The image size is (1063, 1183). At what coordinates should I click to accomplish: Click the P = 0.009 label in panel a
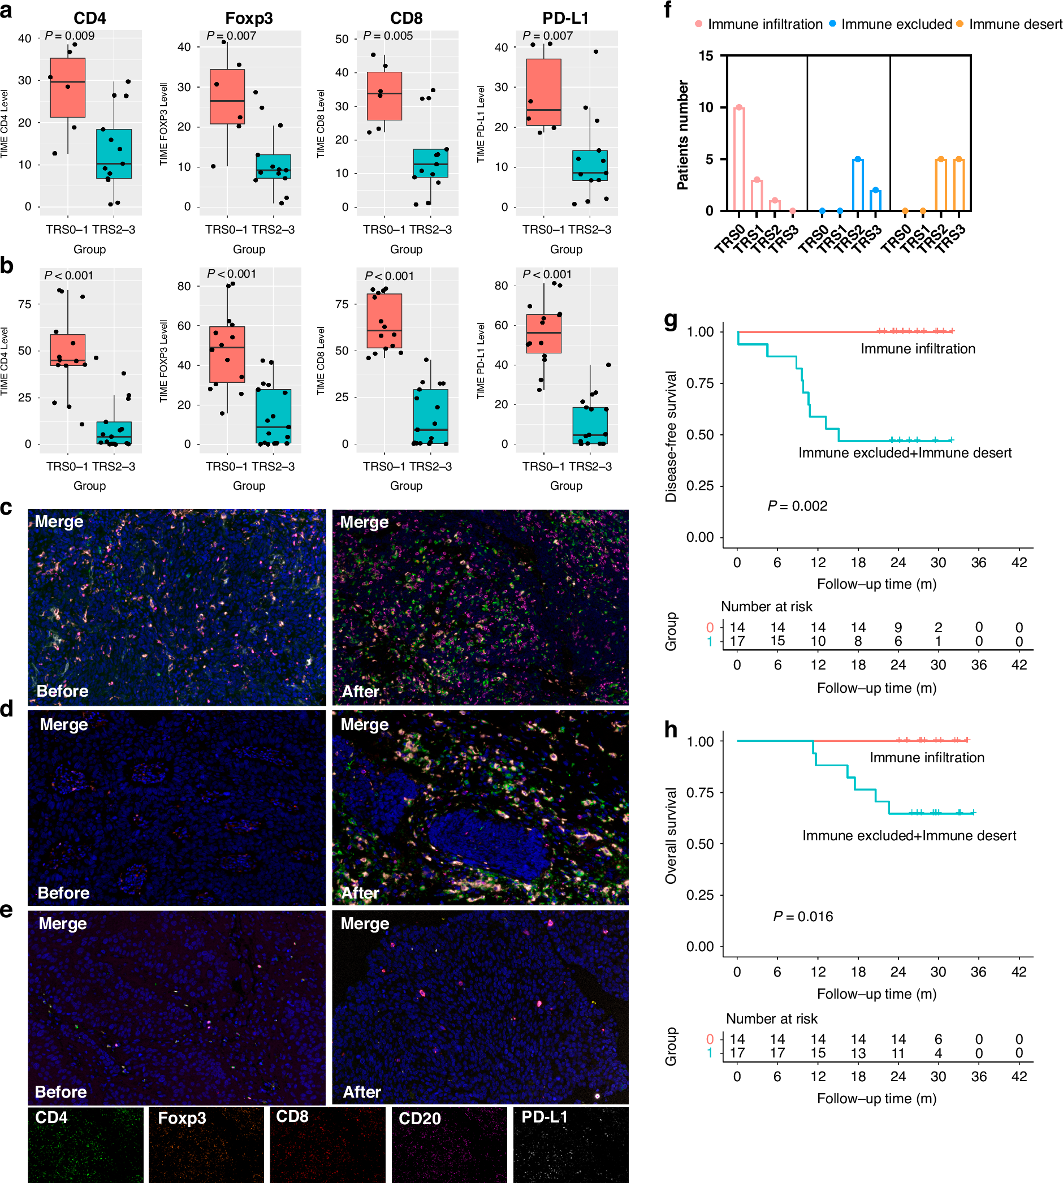70,36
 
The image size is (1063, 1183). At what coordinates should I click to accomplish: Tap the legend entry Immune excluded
896,24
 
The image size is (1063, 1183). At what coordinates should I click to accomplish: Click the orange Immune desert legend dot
959,24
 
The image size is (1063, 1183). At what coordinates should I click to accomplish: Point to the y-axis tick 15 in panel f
706,56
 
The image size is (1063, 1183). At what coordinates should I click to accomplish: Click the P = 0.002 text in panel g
797,506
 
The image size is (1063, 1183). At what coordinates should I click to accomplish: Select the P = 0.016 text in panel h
803,916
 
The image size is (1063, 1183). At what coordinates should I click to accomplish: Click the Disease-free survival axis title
671,436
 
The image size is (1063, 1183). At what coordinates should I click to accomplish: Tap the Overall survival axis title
671,835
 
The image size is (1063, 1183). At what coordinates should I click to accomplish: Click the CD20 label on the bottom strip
420,1118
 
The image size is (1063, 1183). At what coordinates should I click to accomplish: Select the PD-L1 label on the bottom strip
544,1116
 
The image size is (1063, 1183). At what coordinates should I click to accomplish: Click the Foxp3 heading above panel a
249,18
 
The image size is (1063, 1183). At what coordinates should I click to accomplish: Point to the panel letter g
671,320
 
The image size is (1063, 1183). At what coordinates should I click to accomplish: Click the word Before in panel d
63,893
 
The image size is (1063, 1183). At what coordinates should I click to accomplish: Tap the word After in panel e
361,1092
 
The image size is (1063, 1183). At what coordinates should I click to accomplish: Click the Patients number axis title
682,135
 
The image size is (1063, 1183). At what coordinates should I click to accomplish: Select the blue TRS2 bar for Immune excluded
857,184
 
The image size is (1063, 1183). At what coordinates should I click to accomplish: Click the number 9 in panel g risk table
898,628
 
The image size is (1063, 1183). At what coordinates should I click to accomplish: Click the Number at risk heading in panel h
771,1018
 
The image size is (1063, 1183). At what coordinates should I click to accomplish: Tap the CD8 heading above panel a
406,18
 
